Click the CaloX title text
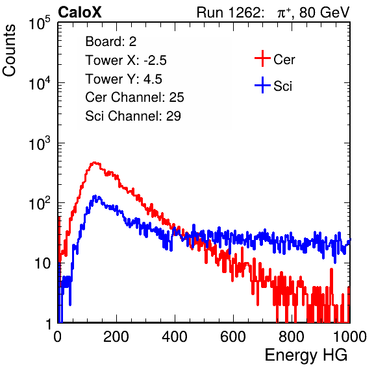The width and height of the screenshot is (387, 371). (80, 12)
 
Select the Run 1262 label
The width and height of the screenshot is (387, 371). (229, 12)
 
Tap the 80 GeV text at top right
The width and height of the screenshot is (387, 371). (324, 12)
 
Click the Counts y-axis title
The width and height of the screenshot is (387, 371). (9, 51)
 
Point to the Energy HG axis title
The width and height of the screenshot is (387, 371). (306, 355)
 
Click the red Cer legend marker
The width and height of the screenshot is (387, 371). (262, 58)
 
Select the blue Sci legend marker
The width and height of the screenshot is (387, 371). (262, 85)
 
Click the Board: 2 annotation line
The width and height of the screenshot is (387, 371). (110, 42)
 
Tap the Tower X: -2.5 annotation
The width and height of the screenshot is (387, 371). (126, 60)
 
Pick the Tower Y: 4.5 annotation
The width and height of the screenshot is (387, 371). (123, 79)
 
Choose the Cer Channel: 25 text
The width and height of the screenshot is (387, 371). (134, 97)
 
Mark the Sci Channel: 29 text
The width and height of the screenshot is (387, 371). (133, 116)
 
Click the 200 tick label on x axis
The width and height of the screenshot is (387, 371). (116, 337)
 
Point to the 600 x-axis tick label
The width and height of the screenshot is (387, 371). (233, 337)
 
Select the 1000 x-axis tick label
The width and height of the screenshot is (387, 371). (350, 337)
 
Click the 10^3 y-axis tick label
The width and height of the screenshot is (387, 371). (40, 143)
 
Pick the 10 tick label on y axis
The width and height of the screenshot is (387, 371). (43, 263)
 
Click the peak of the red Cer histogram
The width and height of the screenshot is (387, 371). (95, 162)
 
